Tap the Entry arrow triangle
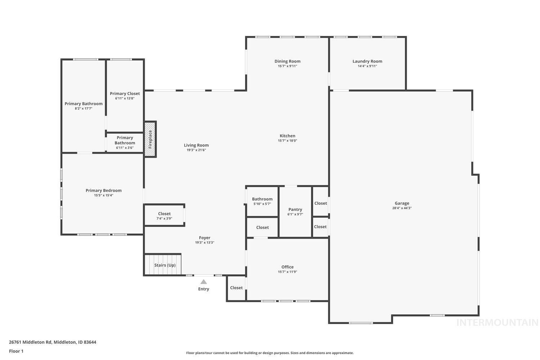click(x=204, y=282)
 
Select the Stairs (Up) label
click(x=165, y=265)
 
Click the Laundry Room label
click(x=367, y=61)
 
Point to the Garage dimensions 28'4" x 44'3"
click(x=402, y=208)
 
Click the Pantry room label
click(x=295, y=210)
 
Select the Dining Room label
click(x=287, y=61)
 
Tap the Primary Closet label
click(x=125, y=94)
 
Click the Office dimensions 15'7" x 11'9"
click(x=287, y=272)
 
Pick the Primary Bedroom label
click(x=104, y=190)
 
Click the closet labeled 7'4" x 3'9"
click(x=164, y=216)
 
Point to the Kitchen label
click(x=287, y=136)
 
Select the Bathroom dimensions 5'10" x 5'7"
click(x=262, y=204)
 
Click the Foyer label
click(x=204, y=238)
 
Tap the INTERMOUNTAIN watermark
click(x=497, y=323)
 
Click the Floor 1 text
click(x=16, y=351)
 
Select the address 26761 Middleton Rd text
click(x=53, y=342)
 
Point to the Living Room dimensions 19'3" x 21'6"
click(x=196, y=150)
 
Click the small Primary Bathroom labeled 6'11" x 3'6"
click(x=125, y=143)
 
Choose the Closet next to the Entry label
click(x=237, y=288)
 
